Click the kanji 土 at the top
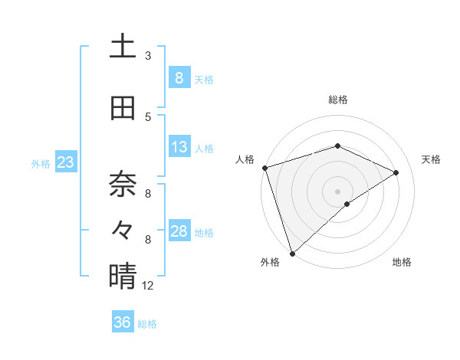123,46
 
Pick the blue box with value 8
179,77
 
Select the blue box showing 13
179,147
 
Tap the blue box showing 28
179,231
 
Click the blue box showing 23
65,162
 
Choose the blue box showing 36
122,322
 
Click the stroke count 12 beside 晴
148,286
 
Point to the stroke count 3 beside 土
148,55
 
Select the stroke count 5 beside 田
148,117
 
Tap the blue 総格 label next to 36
147,324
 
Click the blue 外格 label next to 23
41,163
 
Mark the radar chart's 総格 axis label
337,100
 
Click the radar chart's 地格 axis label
402,263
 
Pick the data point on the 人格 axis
264,168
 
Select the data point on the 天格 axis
396,172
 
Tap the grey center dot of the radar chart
337,191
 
